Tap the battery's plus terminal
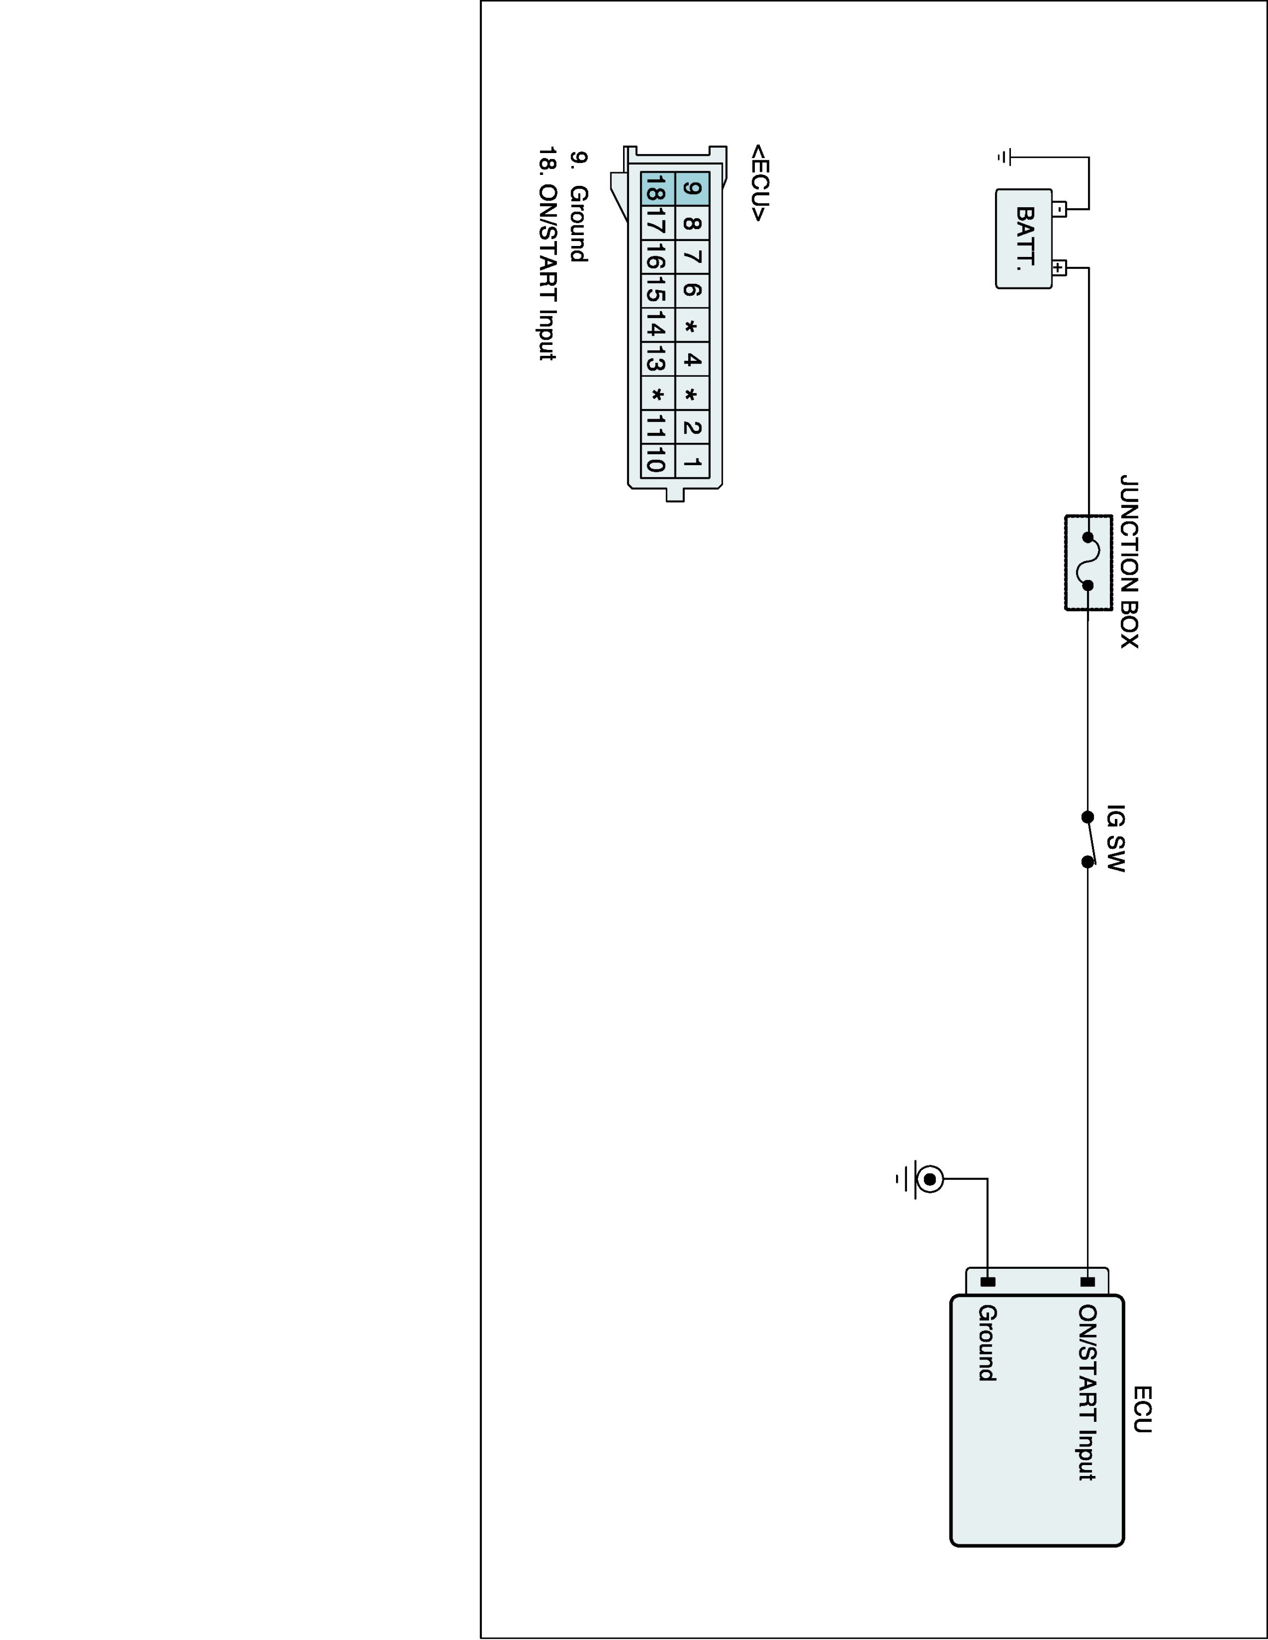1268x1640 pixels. pyautogui.click(x=1058, y=267)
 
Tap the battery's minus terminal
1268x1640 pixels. pyautogui.click(x=1058, y=209)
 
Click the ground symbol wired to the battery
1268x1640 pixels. pyautogui.click(x=1004, y=157)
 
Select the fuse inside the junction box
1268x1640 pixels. pyautogui.click(x=1087, y=561)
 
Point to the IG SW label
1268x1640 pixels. pyautogui.click(x=1116, y=838)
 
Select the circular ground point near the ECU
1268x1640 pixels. pyautogui.click(x=929, y=1180)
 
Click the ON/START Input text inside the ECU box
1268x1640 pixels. pyautogui.click(x=1087, y=1392)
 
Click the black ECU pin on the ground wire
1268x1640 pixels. pyautogui.click(x=988, y=1281)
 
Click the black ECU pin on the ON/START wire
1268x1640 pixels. pyautogui.click(x=1087, y=1281)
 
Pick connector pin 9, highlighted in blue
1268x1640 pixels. pyautogui.click(x=693, y=189)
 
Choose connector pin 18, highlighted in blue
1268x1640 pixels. pyautogui.click(x=658, y=189)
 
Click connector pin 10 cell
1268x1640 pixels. pyautogui.click(x=658, y=460)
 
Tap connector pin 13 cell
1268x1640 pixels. pyautogui.click(x=658, y=360)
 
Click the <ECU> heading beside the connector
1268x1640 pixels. pyautogui.click(x=759, y=183)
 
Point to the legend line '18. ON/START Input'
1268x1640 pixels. pyautogui.click(x=548, y=254)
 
